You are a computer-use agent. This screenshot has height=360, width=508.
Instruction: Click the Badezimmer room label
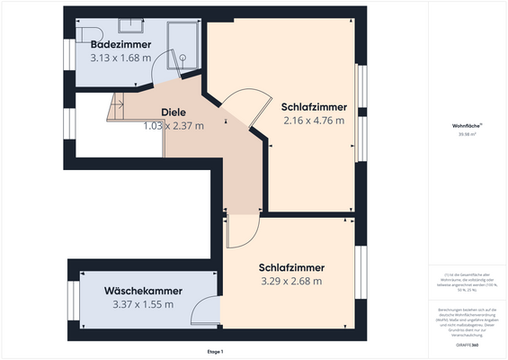pyautogui.click(x=121, y=44)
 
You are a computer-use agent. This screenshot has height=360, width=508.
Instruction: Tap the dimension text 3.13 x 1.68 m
pyautogui.click(x=121, y=58)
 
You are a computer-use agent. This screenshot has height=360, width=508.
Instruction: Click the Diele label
pyautogui.click(x=174, y=112)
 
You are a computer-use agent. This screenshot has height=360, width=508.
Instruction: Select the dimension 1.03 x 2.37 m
pyautogui.click(x=174, y=126)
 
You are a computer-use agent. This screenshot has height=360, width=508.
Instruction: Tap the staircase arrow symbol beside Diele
pyautogui.click(x=114, y=105)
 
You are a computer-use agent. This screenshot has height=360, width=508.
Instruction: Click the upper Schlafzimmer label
pyautogui.click(x=313, y=105)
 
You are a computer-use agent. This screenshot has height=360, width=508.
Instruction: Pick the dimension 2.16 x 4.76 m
pyautogui.click(x=313, y=120)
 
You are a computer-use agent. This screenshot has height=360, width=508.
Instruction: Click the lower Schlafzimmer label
pyautogui.click(x=290, y=267)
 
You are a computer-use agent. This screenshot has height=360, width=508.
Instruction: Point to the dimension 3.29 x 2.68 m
pyautogui.click(x=290, y=281)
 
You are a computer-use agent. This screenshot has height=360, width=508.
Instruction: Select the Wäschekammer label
pyautogui.click(x=143, y=291)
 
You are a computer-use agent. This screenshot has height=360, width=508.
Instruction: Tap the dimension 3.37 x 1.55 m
pyautogui.click(x=143, y=304)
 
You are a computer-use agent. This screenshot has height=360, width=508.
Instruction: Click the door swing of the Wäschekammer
pyautogui.click(x=206, y=311)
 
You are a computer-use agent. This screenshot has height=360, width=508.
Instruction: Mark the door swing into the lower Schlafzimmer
pyautogui.click(x=242, y=232)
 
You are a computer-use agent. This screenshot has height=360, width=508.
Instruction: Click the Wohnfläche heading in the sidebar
pyautogui.click(x=466, y=126)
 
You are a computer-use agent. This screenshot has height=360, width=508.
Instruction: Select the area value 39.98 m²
pyautogui.click(x=466, y=135)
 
